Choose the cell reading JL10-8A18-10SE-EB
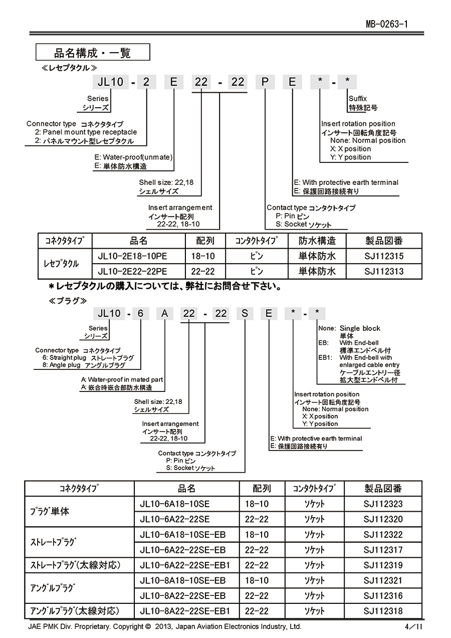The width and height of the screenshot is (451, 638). (183, 580)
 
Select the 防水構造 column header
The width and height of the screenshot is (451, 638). (317, 241)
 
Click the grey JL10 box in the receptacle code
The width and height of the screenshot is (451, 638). (111, 82)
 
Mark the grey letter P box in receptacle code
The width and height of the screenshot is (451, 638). (264, 82)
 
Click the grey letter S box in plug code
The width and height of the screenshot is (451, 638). (245, 314)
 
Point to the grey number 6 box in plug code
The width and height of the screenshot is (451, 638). (141, 314)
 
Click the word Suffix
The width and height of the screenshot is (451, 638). (358, 99)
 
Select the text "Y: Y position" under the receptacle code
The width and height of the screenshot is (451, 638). (351, 157)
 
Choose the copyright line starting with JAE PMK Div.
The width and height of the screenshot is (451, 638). (165, 626)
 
